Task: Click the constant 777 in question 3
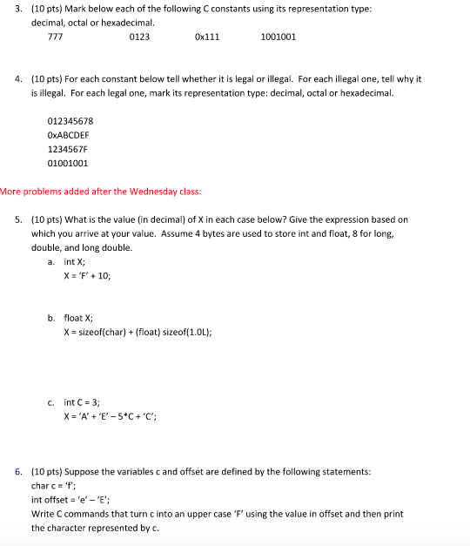54,37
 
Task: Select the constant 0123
138,37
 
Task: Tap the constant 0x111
207,37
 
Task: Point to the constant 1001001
279,37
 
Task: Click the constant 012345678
70,121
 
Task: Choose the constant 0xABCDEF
68,135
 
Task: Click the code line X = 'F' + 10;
88,275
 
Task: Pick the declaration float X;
79,318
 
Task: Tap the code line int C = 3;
82,402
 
